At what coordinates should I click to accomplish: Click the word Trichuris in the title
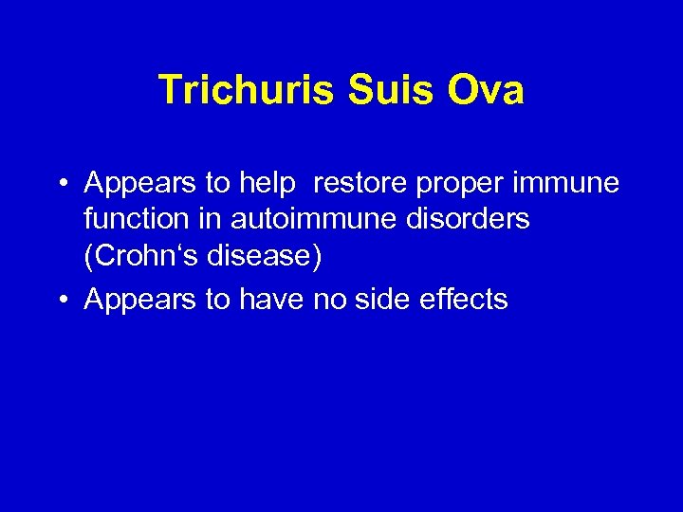(x=246, y=91)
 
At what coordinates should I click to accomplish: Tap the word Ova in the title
(x=489, y=91)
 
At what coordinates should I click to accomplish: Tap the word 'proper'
(x=452, y=183)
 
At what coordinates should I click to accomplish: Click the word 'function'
(x=138, y=220)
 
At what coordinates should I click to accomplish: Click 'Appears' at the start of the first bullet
(x=138, y=182)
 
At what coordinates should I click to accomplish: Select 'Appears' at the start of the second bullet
(x=138, y=301)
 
